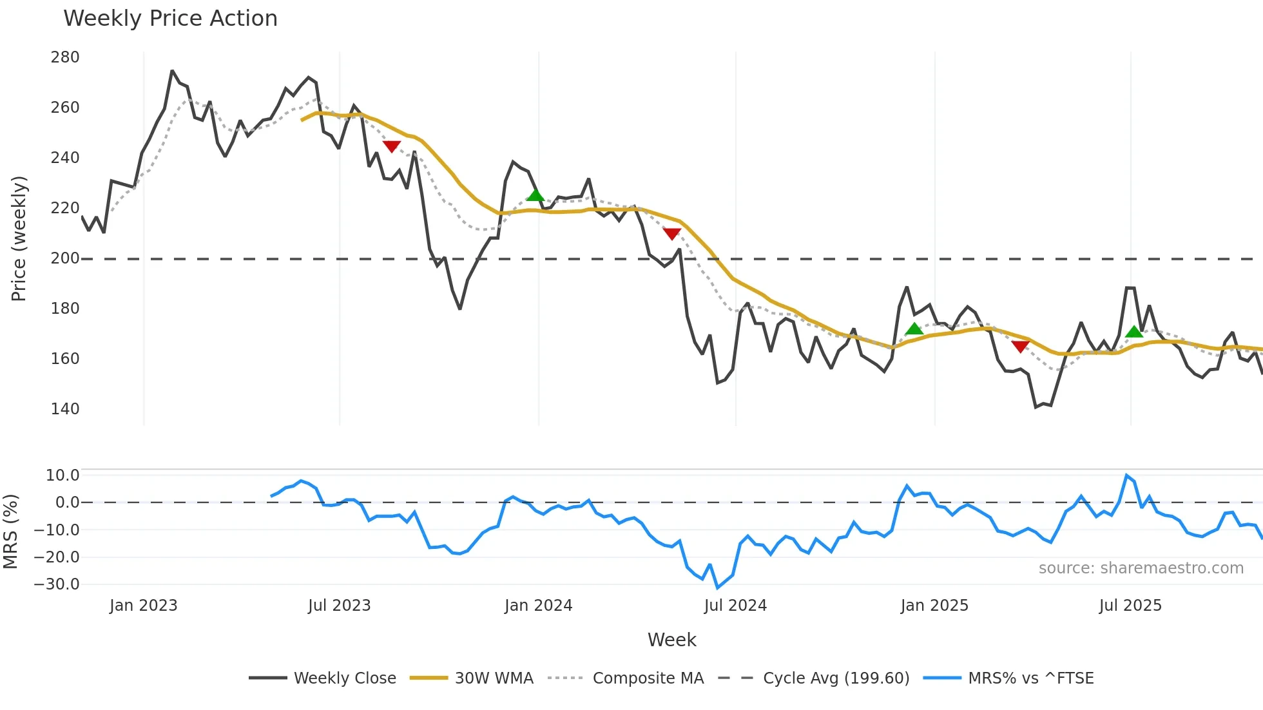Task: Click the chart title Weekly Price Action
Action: tap(170, 19)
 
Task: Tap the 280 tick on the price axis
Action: tap(65, 57)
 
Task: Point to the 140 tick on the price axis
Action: tap(65, 409)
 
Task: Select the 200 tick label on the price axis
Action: tap(65, 258)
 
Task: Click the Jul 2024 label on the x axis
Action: tap(735, 606)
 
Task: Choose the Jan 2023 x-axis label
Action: tap(143, 606)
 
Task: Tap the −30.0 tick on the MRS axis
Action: tap(57, 584)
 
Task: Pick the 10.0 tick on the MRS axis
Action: tap(63, 475)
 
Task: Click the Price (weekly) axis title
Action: tap(19, 238)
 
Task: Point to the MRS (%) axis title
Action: tap(10, 532)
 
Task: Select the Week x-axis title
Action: tap(671, 640)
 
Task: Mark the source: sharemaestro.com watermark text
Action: tap(1141, 568)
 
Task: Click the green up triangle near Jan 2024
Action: tap(535, 195)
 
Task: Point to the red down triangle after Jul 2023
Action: tap(392, 146)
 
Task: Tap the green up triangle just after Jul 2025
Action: tap(1134, 332)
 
